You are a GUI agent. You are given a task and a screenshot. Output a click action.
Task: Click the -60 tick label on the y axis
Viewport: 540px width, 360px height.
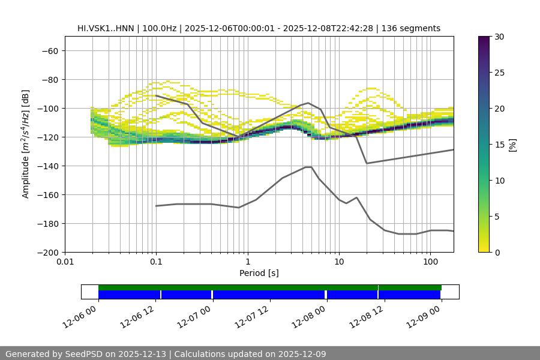[x=49, y=51]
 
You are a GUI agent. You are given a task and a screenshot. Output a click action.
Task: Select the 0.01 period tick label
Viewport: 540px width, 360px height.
[x=65, y=262]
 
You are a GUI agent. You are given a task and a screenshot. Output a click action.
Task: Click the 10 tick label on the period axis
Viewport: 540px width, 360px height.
[x=339, y=262]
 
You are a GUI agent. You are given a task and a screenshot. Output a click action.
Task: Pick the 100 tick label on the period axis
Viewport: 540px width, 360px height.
[x=430, y=262]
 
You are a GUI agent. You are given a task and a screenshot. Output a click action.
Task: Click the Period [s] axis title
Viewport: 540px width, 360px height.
[x=259, y=273]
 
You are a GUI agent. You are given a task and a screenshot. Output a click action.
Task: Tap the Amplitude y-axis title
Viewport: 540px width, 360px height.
[x=26, y=144]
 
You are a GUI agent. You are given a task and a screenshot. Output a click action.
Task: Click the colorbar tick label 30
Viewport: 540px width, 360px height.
[x=499, y=37]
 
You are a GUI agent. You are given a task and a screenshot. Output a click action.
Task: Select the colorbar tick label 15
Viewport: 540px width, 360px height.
[x=499, y=145]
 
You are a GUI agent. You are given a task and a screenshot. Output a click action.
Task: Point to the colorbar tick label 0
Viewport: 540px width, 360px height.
[x=497, y=253]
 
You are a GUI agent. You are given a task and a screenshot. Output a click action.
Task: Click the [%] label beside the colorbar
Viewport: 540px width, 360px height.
[x=512, y=145]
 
